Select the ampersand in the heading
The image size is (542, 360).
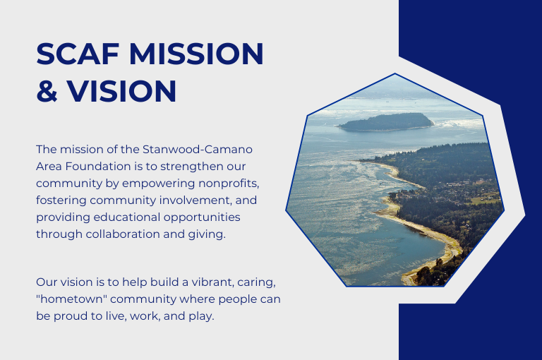pos(47,91)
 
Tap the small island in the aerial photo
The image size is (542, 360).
pos(387,122)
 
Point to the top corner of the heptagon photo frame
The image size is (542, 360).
pos(395,74)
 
